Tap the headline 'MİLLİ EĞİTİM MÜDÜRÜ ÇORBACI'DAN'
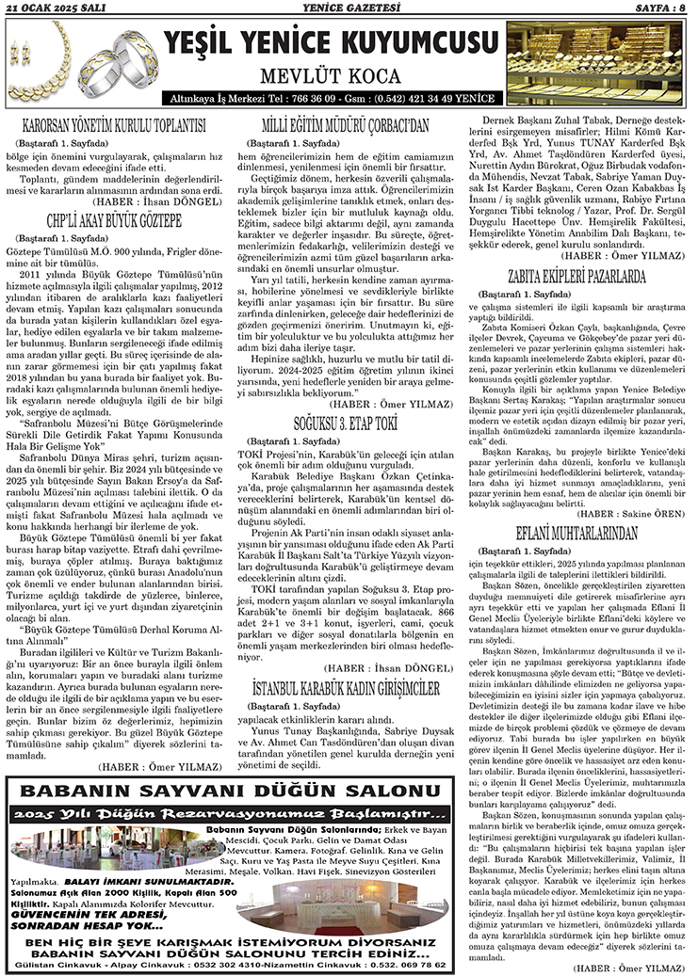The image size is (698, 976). pos(345,124)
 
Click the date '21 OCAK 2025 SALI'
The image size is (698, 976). pos(56,8)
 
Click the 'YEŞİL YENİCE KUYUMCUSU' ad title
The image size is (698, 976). pos(330,43)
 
